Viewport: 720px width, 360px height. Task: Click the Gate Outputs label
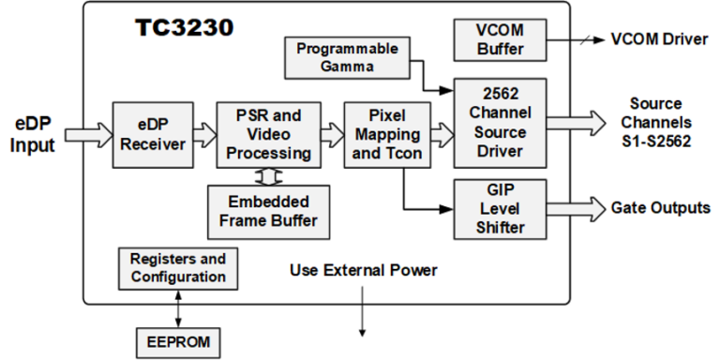pos(660,207)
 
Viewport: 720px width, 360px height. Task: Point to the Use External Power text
pos(364,271)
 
